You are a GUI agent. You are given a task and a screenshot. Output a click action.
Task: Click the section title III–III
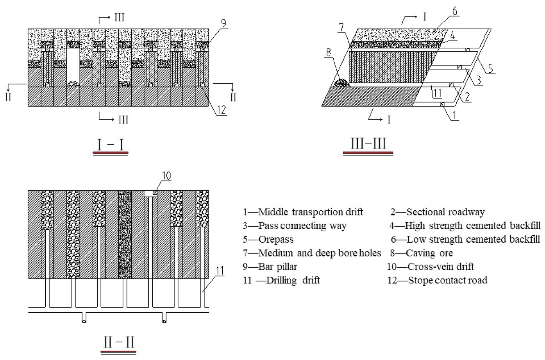(x=368, y=144)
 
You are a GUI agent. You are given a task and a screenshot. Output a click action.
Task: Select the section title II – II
(x=119, y=343)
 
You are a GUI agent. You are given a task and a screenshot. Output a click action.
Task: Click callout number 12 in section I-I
(x=221, y=110)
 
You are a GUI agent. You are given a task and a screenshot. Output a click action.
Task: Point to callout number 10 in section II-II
(x=166, y=176)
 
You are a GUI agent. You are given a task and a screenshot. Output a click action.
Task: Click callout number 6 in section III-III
(x=454, y=12)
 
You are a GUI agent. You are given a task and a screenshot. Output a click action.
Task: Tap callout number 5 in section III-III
(x=491, y=69)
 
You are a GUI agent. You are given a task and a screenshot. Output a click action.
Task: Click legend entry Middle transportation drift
(x=303, y=212)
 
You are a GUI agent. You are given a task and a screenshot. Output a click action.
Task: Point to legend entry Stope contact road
(x=437, y=280)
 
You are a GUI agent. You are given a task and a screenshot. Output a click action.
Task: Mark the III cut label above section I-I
(x=119, y=17)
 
